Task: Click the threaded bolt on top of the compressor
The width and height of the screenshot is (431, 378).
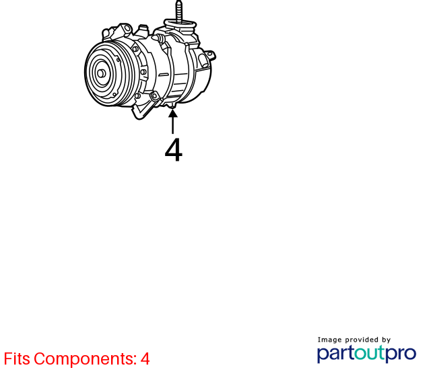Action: [179, 11]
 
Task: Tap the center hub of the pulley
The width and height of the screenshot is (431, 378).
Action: [101, 73]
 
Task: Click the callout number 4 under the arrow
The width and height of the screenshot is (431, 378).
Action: [174, 150]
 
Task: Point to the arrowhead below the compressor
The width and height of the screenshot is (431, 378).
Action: [172, 113]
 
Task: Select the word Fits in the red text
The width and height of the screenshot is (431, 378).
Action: [16, 358]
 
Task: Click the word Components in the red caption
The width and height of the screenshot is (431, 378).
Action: [86, 359]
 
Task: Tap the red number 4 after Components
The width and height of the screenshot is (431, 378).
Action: [145, 358]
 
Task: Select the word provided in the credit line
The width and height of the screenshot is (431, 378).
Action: [362, 340]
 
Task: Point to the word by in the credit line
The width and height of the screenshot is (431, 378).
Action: [386, 340]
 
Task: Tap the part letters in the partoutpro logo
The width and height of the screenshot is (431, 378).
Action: [335, 354]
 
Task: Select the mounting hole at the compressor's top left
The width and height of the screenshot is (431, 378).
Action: [127, 28]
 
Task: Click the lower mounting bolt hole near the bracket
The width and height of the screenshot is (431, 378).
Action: [154, 96]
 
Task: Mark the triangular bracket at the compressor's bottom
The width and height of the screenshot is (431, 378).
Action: [144, 108]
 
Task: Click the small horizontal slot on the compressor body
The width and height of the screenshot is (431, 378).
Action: [164, 75]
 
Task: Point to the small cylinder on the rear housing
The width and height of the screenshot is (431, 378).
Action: [204, 61]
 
